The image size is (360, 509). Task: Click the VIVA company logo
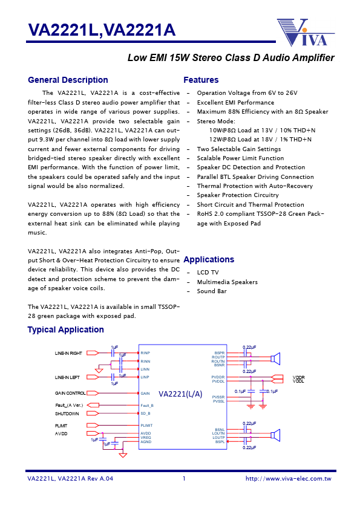tap(306, 33)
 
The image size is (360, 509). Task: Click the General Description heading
tap(68, 80)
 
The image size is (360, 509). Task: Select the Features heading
tap(201, 80)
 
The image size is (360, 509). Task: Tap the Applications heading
tap(209, 259)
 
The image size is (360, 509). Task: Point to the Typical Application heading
tap(65, 329)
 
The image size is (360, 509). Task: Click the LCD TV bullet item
tap(209, 273)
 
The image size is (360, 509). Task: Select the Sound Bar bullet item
tap(212, 291)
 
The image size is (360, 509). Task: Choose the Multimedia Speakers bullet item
tap(227, 282)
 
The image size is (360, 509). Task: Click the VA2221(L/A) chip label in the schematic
tap(180, 393)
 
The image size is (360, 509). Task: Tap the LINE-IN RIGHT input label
tap(68, 353)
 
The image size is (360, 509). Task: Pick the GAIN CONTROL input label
tap(70, 393)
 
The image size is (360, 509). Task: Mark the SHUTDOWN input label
tap(67, 413)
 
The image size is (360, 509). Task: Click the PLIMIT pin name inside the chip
tap(146, 426)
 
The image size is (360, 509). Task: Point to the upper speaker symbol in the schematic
tap(275, 359)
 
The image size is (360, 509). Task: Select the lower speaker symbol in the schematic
tap(275, 435)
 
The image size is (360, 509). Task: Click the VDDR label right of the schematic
tap(298, 377)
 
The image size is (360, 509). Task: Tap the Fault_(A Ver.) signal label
tap(70, 405)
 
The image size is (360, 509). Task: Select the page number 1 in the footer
tap(183, 479)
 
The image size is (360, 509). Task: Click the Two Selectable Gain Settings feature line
tap(239, 149)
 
